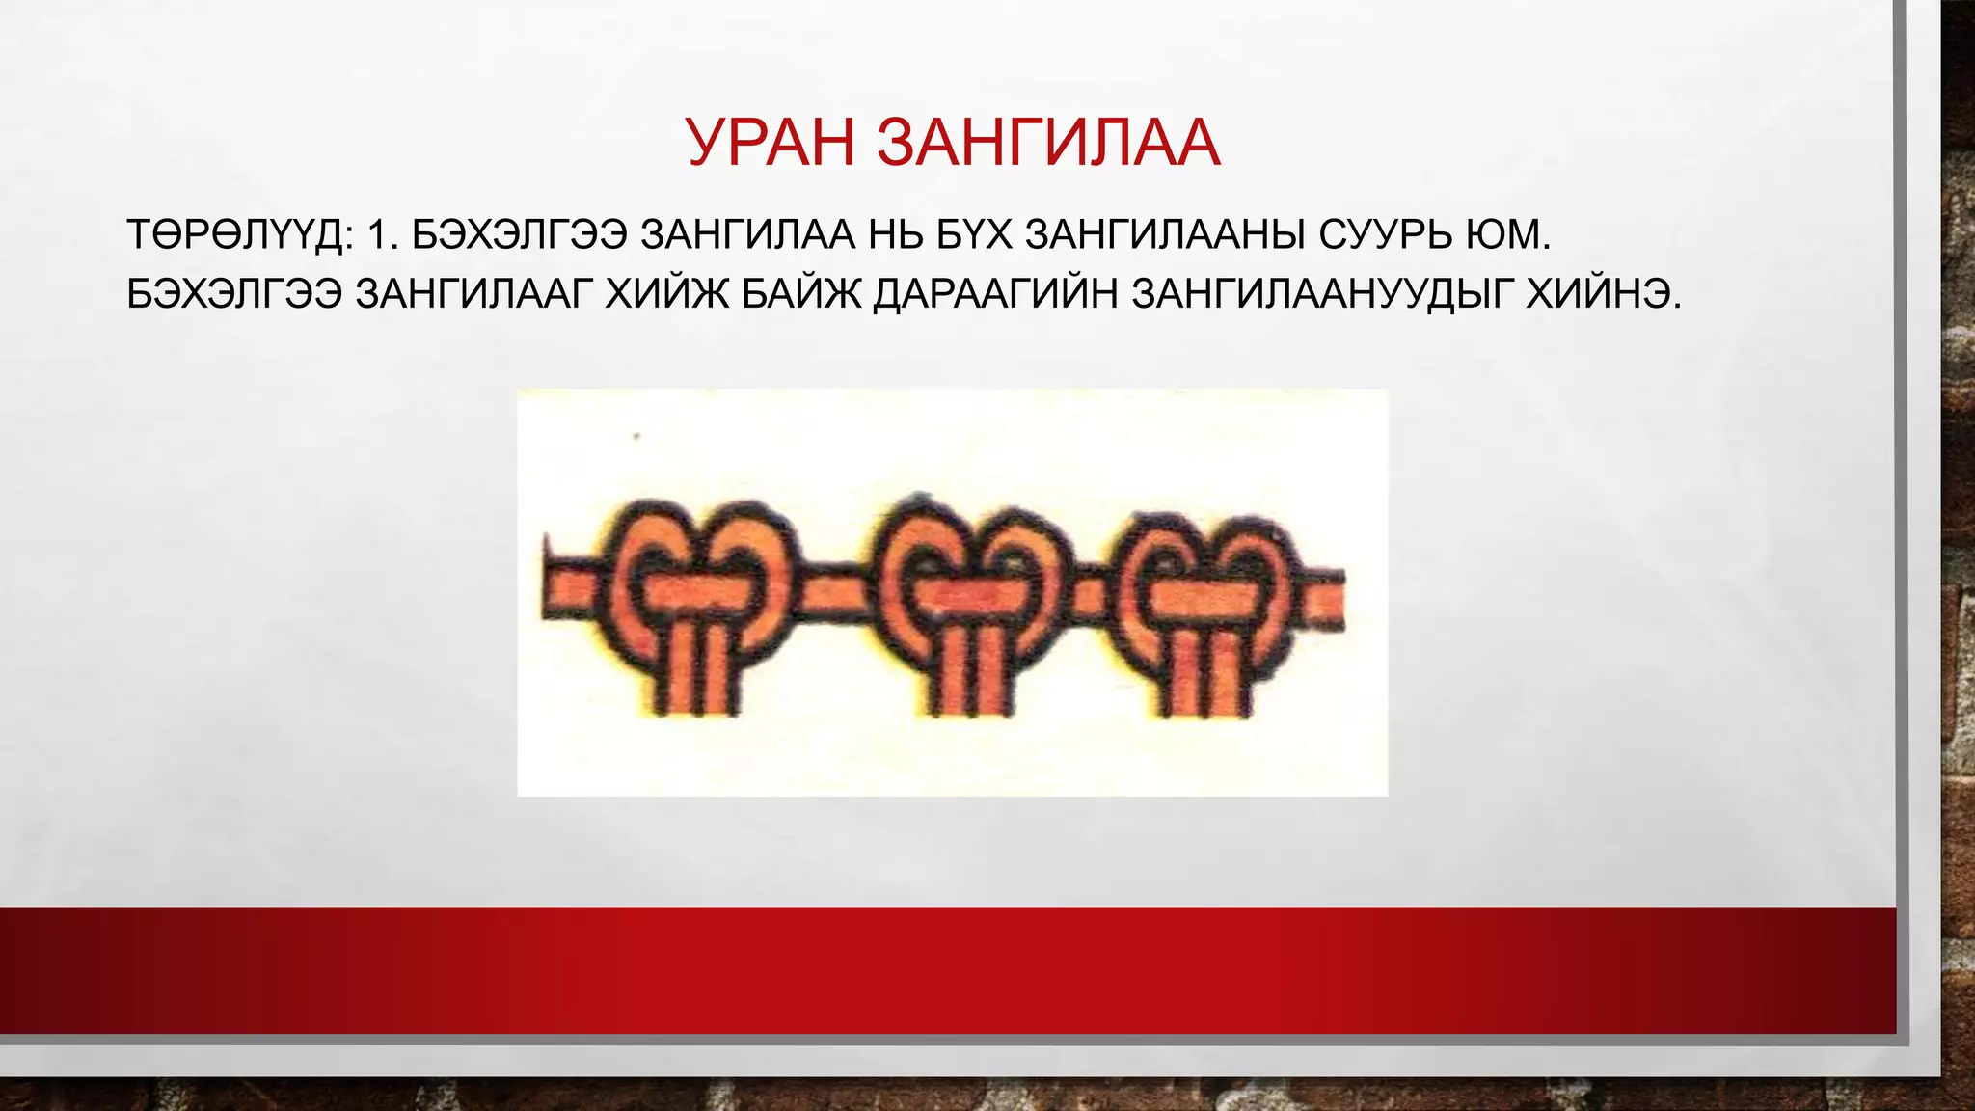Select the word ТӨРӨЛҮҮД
[240, 235]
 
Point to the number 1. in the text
[383, 235]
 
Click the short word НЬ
[896, 235]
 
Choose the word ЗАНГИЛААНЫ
[1165, 235]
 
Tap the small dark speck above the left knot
[636, 437]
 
